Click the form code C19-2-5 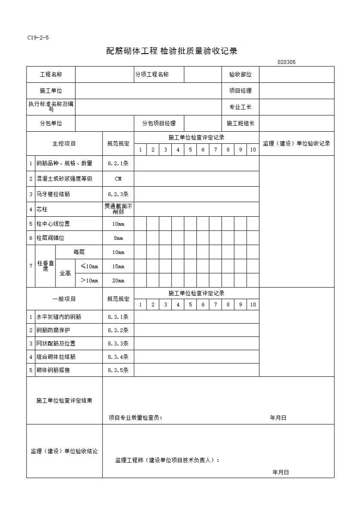38,37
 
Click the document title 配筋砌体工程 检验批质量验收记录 172,52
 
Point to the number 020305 286,62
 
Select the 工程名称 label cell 51,75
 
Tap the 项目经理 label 240,91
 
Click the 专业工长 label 240,107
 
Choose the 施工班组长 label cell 240,124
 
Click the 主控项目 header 64,144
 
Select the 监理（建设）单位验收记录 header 296,144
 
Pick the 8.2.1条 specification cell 118,164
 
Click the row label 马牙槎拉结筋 53,194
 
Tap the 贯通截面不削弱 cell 118,209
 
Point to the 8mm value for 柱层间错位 118,238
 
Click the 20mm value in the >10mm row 118,281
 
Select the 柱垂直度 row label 45,266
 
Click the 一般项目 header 64,299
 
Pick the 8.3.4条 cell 118,357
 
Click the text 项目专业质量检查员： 136,418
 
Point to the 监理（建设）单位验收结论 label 64,451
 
